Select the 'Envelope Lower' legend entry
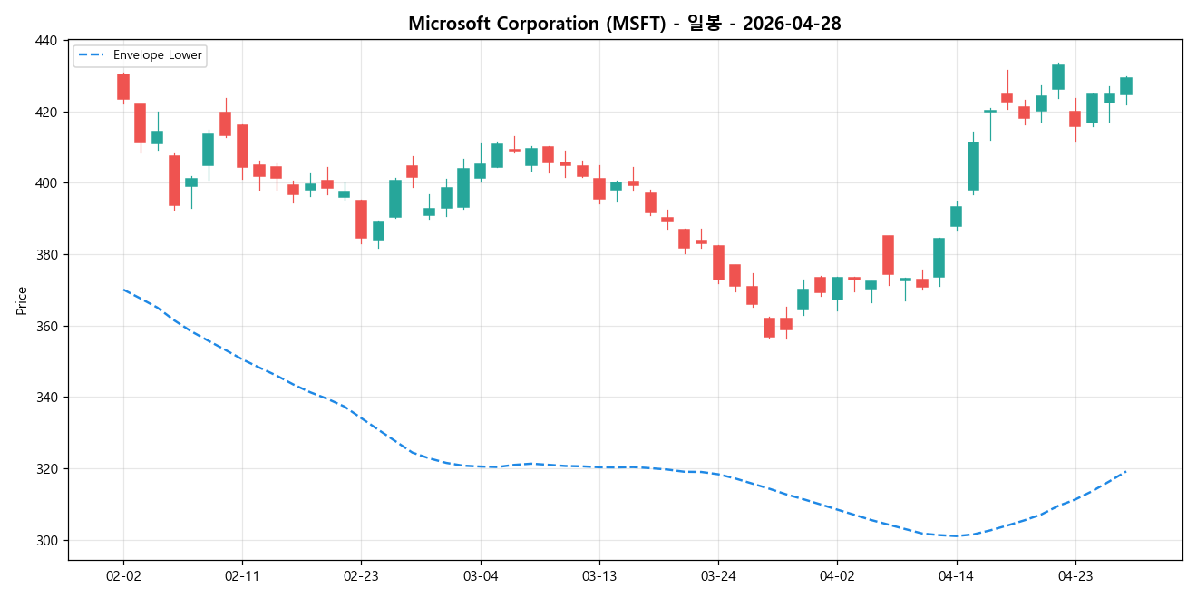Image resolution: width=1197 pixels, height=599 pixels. point(164,55)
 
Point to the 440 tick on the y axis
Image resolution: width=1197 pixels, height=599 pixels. point(46,41)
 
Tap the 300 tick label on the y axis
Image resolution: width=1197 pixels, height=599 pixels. point(46,541)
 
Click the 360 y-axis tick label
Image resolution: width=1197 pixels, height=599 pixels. point(46,327)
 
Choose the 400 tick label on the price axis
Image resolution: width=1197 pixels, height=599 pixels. point(46,183)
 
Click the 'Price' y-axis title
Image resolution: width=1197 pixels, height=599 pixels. point(22,300)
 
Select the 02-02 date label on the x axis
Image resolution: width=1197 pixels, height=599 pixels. point(123,575)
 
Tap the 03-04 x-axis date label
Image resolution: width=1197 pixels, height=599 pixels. point(480,575)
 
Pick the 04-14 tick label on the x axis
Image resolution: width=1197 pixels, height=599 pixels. point(956,575)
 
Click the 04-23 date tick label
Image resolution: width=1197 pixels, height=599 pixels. point(1075,575)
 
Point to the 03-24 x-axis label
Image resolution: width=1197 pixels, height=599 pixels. point(718,575)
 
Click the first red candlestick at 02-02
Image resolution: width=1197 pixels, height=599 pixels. point(123,86)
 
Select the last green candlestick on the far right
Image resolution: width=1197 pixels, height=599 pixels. point(1125,86)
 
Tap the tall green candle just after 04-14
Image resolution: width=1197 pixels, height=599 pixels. point(973,166)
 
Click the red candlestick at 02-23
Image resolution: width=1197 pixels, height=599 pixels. point(361,219)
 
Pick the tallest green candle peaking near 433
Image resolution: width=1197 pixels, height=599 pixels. point(1057,76)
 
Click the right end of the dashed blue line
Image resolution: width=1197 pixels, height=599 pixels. point(1125,471)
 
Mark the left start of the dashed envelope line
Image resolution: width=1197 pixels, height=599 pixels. point(123,290)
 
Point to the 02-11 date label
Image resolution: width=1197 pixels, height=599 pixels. point(242,575)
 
